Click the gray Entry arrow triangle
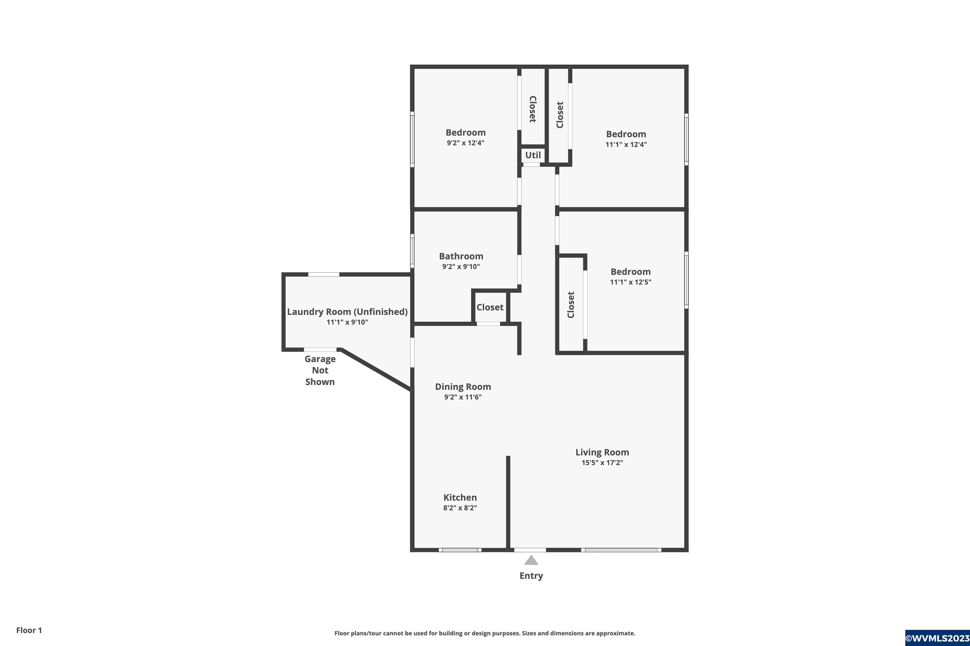coord(531,560)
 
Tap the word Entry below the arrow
coord(531,576)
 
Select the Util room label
coord(533,155)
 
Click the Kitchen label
coord(460,498)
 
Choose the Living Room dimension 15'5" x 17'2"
coord(602,463)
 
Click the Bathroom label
coord(461,256)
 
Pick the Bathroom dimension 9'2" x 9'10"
coord(461,266)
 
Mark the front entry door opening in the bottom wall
coord(530,550)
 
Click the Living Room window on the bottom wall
coord(621,550)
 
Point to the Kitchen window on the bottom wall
coord(460,550)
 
